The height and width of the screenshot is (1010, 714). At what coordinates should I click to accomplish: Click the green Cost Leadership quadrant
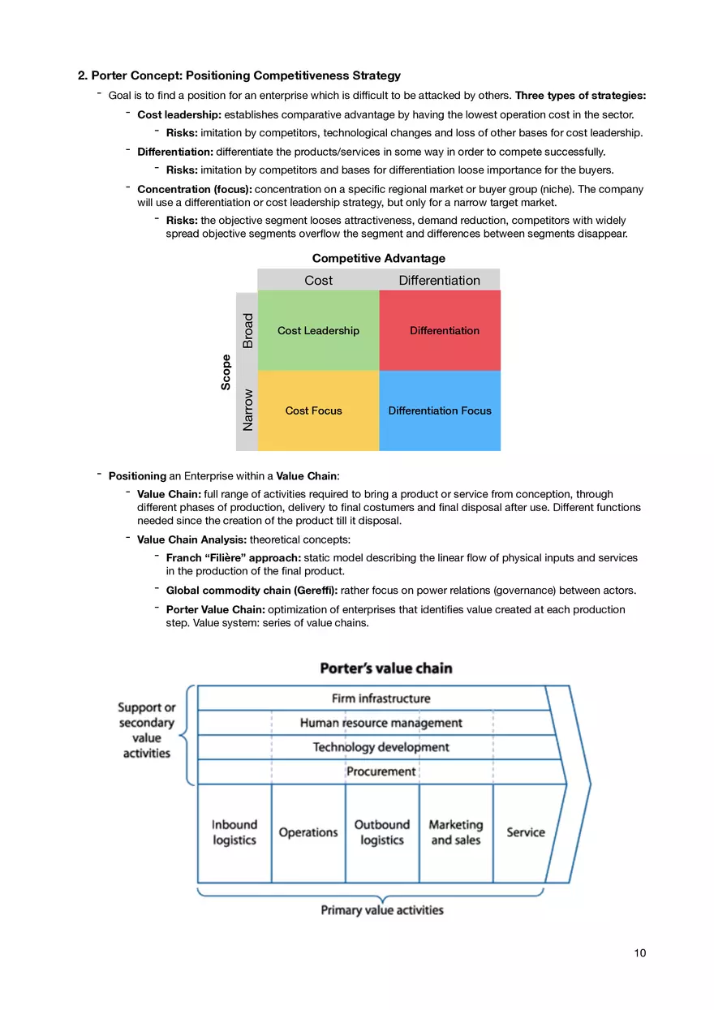click(x=318, y=331)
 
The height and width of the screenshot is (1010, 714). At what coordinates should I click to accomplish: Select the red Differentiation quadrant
click(x=440, y=331)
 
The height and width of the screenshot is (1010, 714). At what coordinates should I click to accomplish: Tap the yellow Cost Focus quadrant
click(x=318, y=410)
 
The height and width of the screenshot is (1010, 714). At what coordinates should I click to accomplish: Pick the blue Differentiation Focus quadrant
click(x=440, y=410)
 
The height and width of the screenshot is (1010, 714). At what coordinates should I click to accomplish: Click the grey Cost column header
click(x=318, y=280)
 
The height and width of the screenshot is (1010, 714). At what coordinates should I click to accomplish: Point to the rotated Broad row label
click(x=247, y=331)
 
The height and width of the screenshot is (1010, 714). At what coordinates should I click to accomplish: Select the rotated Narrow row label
click(x=247, y=410)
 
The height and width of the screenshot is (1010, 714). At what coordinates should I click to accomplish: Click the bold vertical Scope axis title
click(x=226, y=372)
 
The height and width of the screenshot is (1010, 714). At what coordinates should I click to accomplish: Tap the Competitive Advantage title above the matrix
click(x=378, y=258)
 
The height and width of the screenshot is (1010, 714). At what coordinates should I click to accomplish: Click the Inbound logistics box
click(x=234, y=832)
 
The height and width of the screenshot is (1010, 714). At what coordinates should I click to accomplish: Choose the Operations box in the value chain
click(x=308, y=832)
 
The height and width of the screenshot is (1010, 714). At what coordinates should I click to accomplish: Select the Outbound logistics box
click(x=381, y=832)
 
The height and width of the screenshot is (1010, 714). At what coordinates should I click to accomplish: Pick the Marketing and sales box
click(x=455, y=832)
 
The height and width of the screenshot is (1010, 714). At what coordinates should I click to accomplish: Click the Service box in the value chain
click(x=526, y=832)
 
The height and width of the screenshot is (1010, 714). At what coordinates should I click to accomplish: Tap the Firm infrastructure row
click(x=381, y=698)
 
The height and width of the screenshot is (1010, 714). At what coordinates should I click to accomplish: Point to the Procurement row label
click(x=381, y=771)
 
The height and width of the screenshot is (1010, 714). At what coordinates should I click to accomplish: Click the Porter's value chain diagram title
click(x=386, y=668)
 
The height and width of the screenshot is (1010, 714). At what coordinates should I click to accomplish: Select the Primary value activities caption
click(x=382, y=910)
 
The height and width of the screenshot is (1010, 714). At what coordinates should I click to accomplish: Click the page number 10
click(x=640, y=953)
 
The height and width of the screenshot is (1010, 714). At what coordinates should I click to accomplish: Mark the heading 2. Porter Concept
click(x=239, y=75)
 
